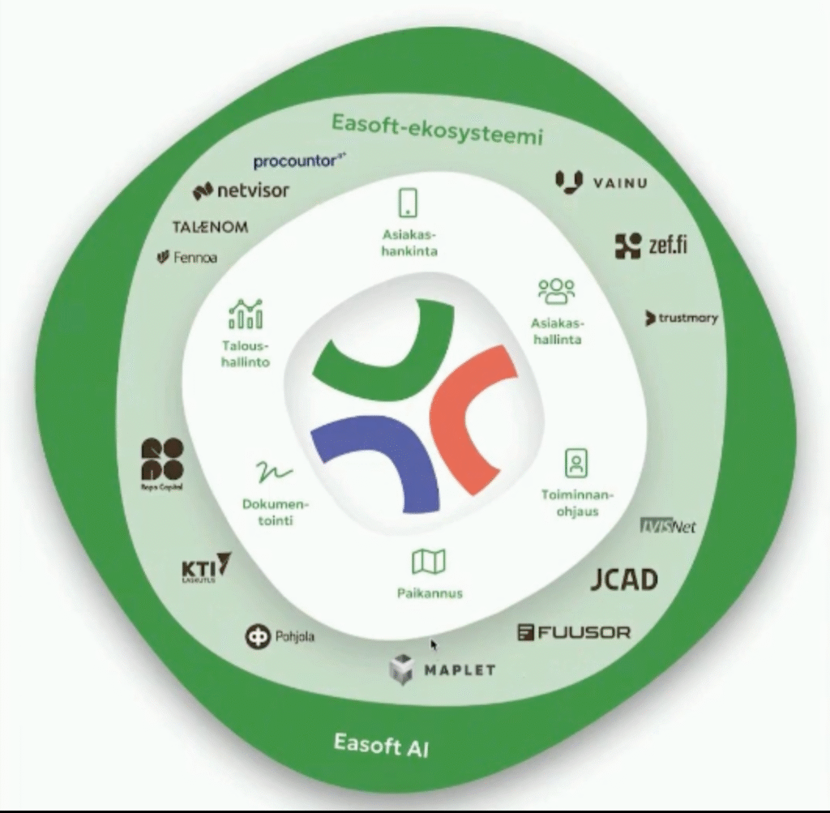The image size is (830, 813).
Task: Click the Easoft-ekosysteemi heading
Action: (x=435, y=129)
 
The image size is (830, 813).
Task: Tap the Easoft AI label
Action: (x=380, y=742)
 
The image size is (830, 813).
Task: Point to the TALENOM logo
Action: (x=210, y=227)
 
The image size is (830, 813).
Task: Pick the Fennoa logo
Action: (x=187, y=258)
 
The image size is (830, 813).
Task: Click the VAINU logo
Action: (x=601, y=182)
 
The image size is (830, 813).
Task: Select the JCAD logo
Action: (x=623, y=579)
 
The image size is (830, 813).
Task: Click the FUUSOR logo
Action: (x=573, y=631)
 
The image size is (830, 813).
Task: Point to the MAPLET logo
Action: (x=442, y=670)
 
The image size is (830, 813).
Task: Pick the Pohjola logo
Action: (x=280, y=636)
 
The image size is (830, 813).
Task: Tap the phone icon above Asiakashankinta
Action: (x=409, y=202)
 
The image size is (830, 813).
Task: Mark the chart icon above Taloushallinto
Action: (x=246, y=314)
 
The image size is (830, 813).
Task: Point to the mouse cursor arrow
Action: (x=434, y=644)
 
